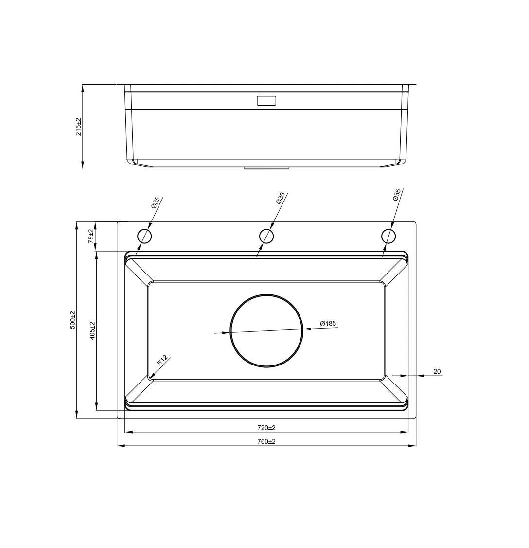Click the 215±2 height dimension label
79,127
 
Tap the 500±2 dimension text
72,320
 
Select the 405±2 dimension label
92,330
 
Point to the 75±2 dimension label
91,236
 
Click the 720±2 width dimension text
266,427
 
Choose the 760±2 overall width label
266,441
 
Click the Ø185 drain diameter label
328,323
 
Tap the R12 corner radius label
162,360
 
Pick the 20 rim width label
437,371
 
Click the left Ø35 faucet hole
144,236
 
